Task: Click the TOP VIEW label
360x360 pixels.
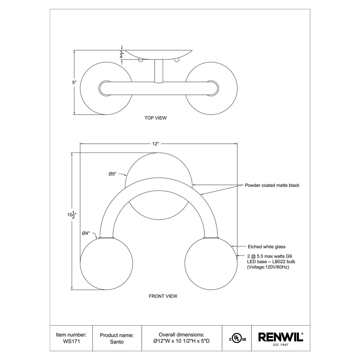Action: click(x=155, y=118)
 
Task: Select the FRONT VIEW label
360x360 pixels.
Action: click(x=163, y=296)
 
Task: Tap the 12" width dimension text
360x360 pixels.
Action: click(x=156, y=143)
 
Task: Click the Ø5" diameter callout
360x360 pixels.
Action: click(x=112, y=174)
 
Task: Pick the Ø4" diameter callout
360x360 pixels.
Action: click(x=86, y=233)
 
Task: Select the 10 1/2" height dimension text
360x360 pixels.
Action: click(x=72, y=214)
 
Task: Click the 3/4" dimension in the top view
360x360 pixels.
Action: click(x=121, y=54)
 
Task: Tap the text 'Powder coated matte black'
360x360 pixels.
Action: click(x=272, y=185)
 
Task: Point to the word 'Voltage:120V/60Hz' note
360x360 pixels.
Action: click(x=266, y=268)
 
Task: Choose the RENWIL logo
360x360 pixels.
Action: click(x=281, y=337)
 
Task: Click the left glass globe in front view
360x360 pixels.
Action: click(x=107, y=264)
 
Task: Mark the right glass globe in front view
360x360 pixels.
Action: click(x=211, y=264)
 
